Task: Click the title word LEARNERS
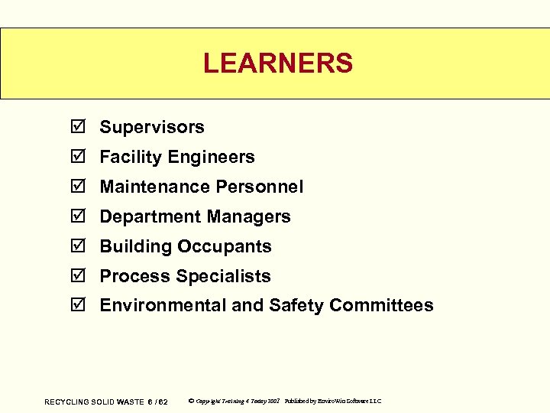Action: coord(278,63)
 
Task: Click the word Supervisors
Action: coord(152,127)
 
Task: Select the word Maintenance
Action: coord(155,187)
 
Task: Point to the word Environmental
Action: coord(163,306)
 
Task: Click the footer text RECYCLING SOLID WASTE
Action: coord(94,402)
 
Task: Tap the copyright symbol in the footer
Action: coord(190,401)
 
